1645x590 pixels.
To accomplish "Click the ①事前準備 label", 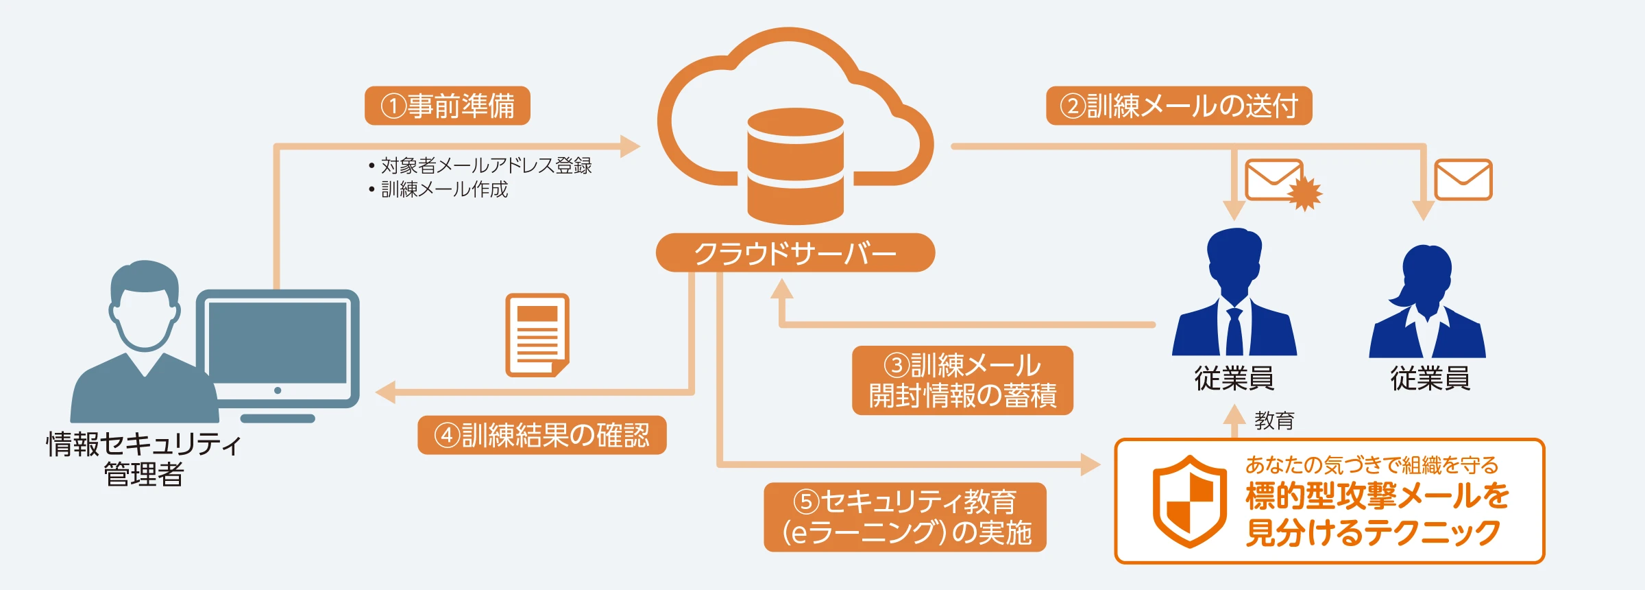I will coord(448,106).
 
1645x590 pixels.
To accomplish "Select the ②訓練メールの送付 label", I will coord(1179,106).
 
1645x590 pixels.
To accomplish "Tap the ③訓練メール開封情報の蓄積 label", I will coord(962,380).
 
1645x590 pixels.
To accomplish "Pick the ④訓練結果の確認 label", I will coord(542,435).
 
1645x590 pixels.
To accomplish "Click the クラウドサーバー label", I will coord(795,253).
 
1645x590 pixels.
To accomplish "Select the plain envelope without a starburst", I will coord(1463,180).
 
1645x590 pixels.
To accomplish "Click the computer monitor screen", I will coord(278,343).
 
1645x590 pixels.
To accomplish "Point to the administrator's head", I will coord(145,302).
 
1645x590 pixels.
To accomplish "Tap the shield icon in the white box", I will coord(1190,501).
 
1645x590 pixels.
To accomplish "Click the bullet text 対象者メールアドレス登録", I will coord(486,165).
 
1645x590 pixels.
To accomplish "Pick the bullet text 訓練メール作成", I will coord(444,189).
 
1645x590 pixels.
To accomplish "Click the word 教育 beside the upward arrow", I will coord(1274,421).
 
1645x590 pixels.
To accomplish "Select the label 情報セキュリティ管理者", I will coord(144,459).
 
